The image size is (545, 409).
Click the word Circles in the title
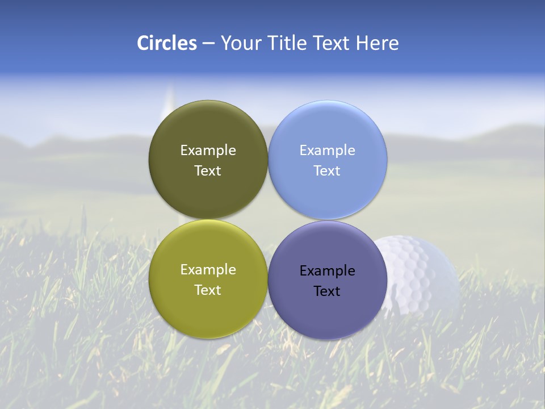[x=166, y=43]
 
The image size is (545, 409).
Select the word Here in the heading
[x=377, y=43]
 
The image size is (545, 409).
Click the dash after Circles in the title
[x=208, y=44]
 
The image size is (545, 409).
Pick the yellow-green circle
[x=208, y=307]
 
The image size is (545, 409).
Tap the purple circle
[x=328, y=310]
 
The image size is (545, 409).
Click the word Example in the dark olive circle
[x=208, y=150]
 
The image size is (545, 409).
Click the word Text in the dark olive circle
[x=208, y=170]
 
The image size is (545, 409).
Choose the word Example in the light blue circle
[x=328, y=150]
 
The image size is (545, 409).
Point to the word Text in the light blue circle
[x=328, y=170]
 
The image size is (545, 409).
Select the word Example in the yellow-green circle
[x=208, y=269]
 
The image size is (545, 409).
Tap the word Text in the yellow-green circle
[x=208, y=290]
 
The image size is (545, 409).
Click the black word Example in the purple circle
[x=328, y=270]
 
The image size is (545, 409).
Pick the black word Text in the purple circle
[x=328, y=291]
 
